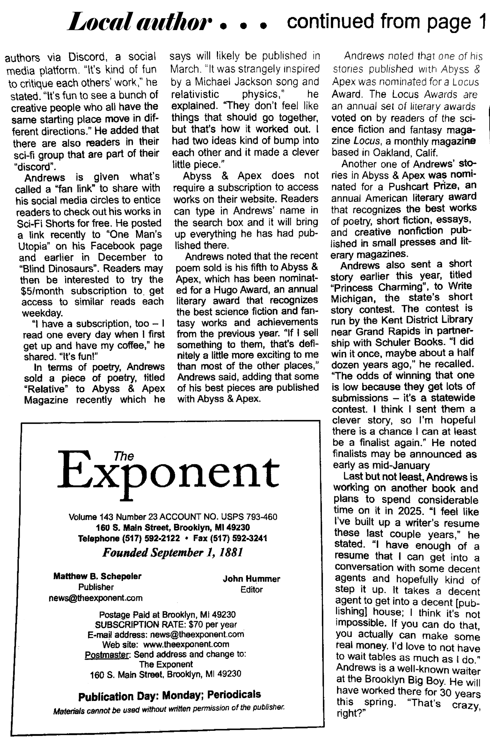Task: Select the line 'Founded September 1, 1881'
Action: click(173, 553)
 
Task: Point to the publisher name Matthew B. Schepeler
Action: click(97, 576)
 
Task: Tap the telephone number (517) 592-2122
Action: click(151, 538)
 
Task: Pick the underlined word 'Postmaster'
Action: click(107, 654)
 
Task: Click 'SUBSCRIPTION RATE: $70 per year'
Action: click(166, 624)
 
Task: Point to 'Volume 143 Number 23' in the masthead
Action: click(113, 517)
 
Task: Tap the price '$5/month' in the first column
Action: click(42, 291)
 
